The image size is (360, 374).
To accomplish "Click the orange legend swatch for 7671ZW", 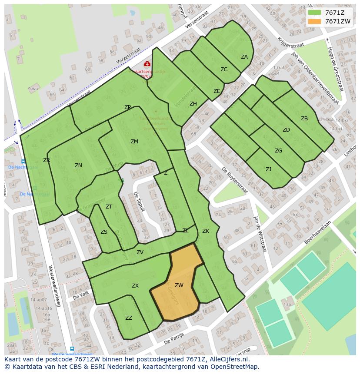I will [x=315, y=21].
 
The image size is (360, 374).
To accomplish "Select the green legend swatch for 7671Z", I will [x=315, y=13].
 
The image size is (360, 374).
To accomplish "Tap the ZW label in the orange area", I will [x=179, y=285].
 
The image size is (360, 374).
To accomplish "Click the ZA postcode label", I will [x=244, y=57].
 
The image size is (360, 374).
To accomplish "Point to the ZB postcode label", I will [x=304, y=119].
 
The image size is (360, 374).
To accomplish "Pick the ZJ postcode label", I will [x=268, y=169].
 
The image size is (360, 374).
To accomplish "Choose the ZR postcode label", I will [x=47, y=160].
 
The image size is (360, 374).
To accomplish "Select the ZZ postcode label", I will [x=129, y=318].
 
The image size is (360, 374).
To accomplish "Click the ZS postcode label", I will [x=104, y=232].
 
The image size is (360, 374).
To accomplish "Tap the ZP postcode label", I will [x=127, y=107].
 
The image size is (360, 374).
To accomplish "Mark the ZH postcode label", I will [x=193, y=104].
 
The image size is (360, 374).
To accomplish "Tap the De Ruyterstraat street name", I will [x=235, y=180].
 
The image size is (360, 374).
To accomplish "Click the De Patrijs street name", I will [x=174, y=338].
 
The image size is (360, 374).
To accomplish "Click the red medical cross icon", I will [x=147, y=64].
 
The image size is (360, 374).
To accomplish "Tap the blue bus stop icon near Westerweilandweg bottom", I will [x=72, y=349].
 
